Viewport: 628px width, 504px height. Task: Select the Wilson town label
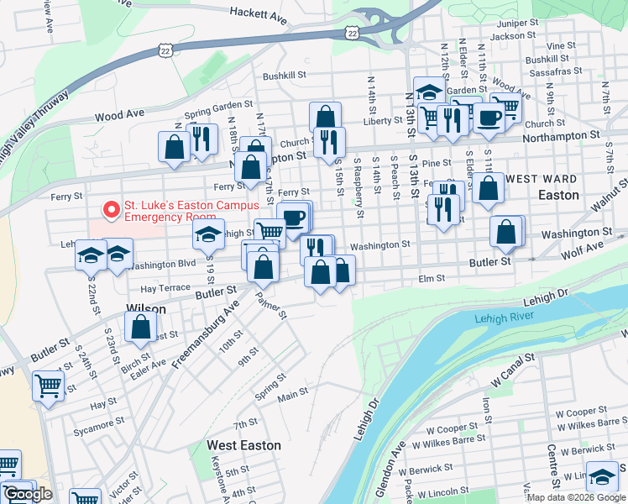point(146,308)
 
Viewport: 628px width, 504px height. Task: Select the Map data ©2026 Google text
point(576,497)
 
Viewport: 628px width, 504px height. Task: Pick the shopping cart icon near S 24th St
point(49,387)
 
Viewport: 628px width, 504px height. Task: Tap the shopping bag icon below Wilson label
point(141,326)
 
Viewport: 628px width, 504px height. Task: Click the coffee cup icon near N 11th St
point(489,118)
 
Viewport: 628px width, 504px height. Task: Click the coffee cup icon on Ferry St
point(294,218)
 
